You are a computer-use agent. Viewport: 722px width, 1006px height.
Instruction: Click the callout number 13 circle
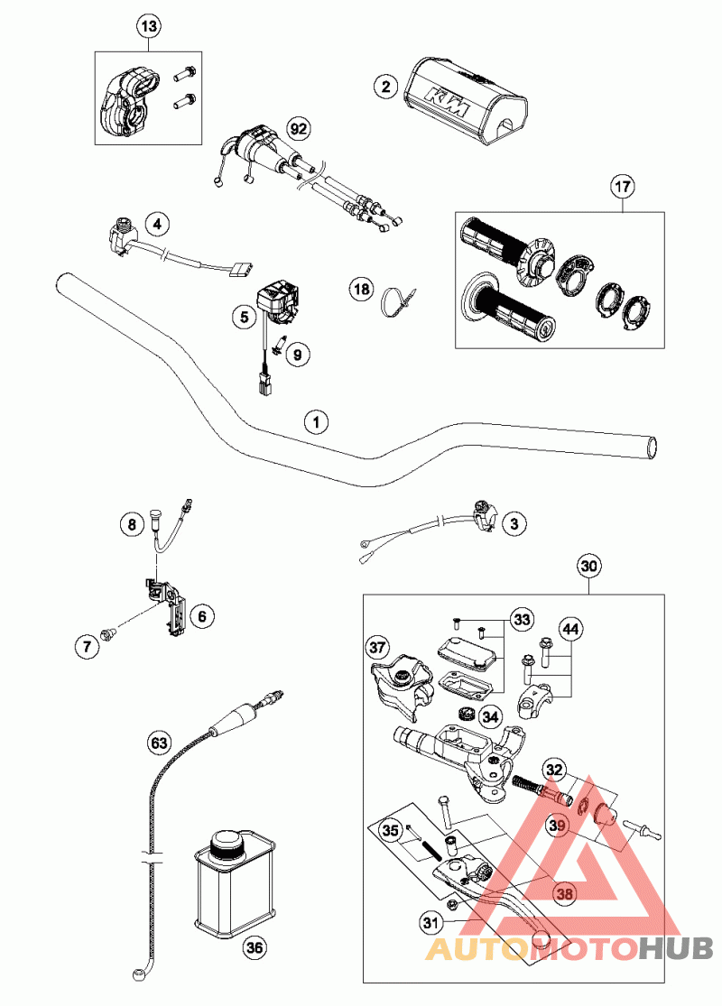pos(149,28)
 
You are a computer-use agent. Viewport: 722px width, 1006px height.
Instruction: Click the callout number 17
pos(623,188)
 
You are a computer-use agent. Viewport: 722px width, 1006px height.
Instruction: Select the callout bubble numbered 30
pos(588,568)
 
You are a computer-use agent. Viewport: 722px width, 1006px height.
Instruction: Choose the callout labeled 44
pos(570,628)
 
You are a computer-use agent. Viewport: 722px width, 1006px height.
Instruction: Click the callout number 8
pos(131,523)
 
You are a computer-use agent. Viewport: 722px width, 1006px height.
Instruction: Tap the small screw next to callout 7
pos(110,636)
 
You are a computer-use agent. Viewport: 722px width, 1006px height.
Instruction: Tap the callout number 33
pos(522,619)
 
